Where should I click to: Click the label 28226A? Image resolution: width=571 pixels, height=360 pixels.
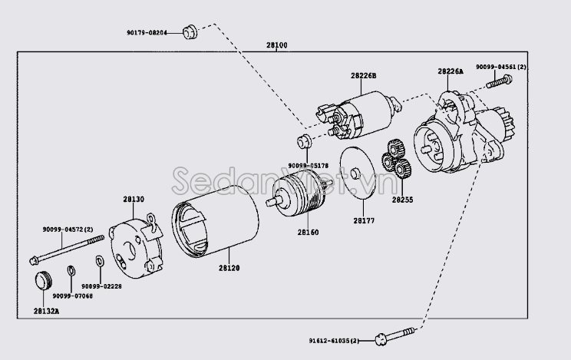point(451,71)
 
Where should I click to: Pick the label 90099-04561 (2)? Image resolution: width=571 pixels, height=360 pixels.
point(500,68)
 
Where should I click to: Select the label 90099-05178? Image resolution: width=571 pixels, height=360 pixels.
point(308,165)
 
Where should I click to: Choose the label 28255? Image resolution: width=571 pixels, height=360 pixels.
point(402,199)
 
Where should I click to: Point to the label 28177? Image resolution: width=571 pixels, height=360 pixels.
point(364,220)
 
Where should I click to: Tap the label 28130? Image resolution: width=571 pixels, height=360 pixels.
point(134,199)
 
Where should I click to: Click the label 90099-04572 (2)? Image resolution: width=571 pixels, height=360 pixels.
point(68,230)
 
